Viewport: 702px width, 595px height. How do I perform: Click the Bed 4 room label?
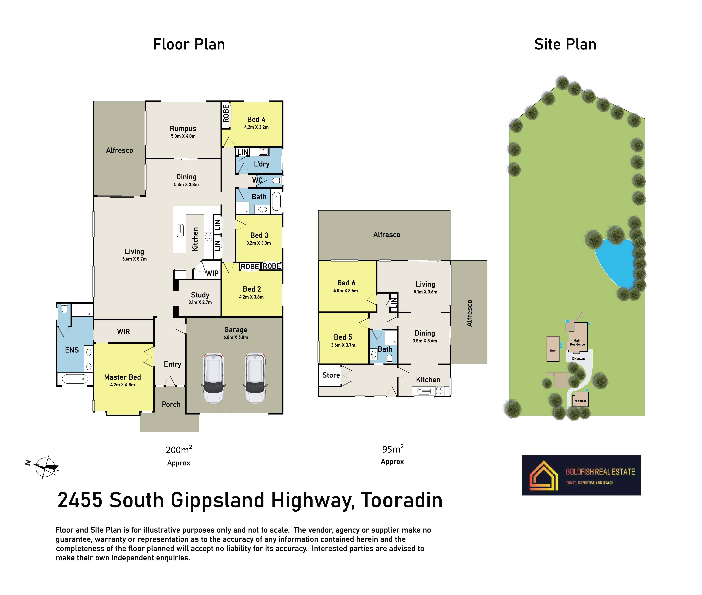[x=256, y=119]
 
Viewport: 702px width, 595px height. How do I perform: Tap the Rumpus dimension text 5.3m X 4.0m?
[x=183, y=136]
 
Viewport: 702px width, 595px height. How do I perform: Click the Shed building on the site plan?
[x=553, y=349]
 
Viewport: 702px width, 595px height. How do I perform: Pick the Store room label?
[x=331, y=375]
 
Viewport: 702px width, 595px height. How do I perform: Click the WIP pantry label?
[x=212, y=273]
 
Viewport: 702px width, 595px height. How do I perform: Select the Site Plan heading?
[x=565, y=44]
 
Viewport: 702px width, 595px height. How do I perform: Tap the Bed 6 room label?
[x=346, y=283]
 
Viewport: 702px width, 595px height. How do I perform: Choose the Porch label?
[x=171, y=404]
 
